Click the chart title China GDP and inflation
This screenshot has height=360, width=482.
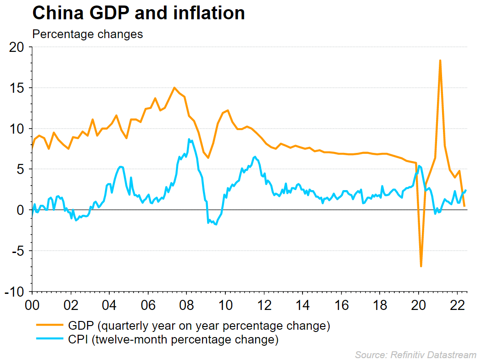(138, 13)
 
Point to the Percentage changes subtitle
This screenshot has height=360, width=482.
(87, 34)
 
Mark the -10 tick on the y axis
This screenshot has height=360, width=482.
(15, 292)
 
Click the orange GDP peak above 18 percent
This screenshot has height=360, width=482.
(440, 60)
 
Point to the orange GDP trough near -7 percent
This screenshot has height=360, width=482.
(421, 266)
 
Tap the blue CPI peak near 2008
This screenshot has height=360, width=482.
(189, 139)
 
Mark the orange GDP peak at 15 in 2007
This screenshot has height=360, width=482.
(174, 88)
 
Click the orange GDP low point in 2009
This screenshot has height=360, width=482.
(208, 157)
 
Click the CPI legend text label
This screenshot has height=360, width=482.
(173, 340)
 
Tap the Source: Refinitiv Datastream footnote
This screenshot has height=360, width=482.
(416, 354)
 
